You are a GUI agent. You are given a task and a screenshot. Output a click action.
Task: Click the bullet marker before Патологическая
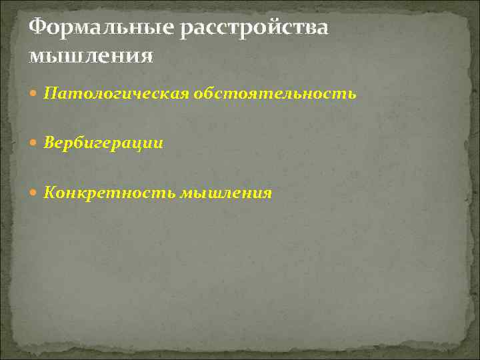coord(35,94)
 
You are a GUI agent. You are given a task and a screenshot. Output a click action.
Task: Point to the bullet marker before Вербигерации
coord(35,143)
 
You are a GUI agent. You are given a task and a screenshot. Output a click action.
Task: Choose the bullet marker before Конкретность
coord(35,193)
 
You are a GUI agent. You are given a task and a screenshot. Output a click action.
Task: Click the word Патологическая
coord(117,94)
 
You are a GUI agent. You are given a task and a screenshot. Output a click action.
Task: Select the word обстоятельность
coord(275,94)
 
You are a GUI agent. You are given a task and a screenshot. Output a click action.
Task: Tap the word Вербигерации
coord(103,143)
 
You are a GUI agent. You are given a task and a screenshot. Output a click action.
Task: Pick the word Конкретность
coord(108,193)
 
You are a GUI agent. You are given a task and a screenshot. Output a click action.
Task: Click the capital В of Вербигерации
coord(50,143)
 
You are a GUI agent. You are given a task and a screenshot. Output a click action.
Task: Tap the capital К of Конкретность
coord(51,193)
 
